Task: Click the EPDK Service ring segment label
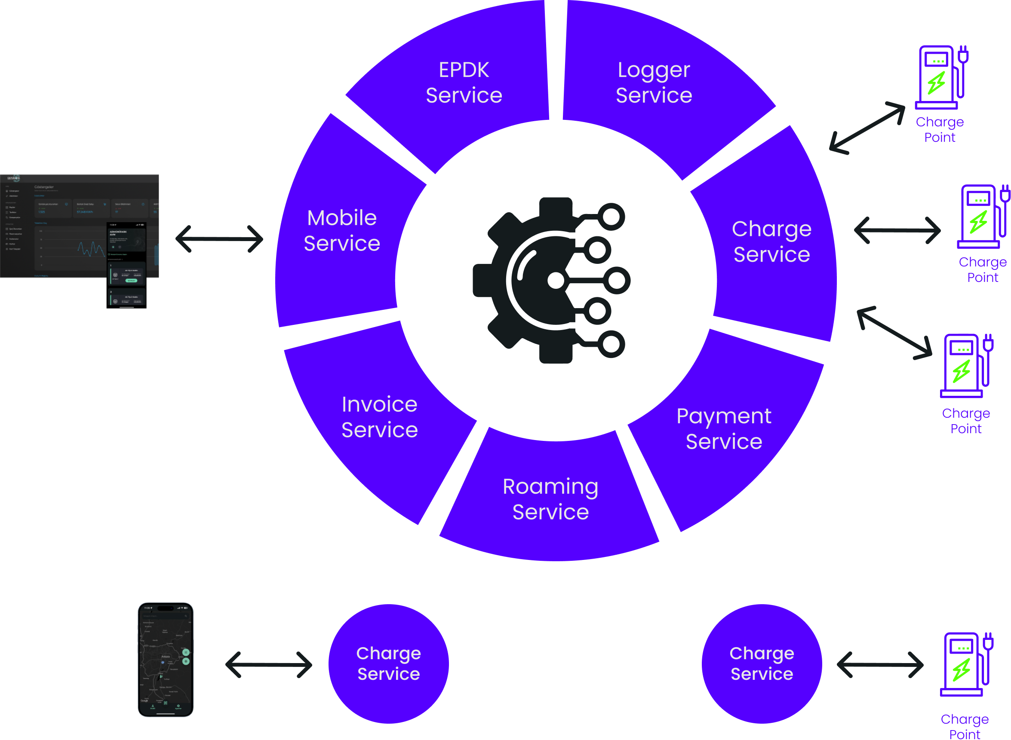pos(464,83)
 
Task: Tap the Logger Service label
pos(654,83)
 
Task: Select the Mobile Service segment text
pos(342,231)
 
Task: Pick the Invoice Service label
pos(380,417)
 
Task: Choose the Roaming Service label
pos(550,499)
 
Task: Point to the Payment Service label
pos(724,429)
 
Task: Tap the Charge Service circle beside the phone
pos(389,664)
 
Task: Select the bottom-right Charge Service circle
pos(762,664)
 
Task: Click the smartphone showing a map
pos(166,660)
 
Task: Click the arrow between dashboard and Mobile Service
pos(220,239)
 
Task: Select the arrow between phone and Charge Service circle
pos(269,665)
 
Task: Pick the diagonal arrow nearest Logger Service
pos(867,128)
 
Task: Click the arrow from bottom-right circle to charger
pos(880,665)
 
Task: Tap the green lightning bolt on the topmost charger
pos(936,83)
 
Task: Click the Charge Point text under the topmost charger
pos(940,129)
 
